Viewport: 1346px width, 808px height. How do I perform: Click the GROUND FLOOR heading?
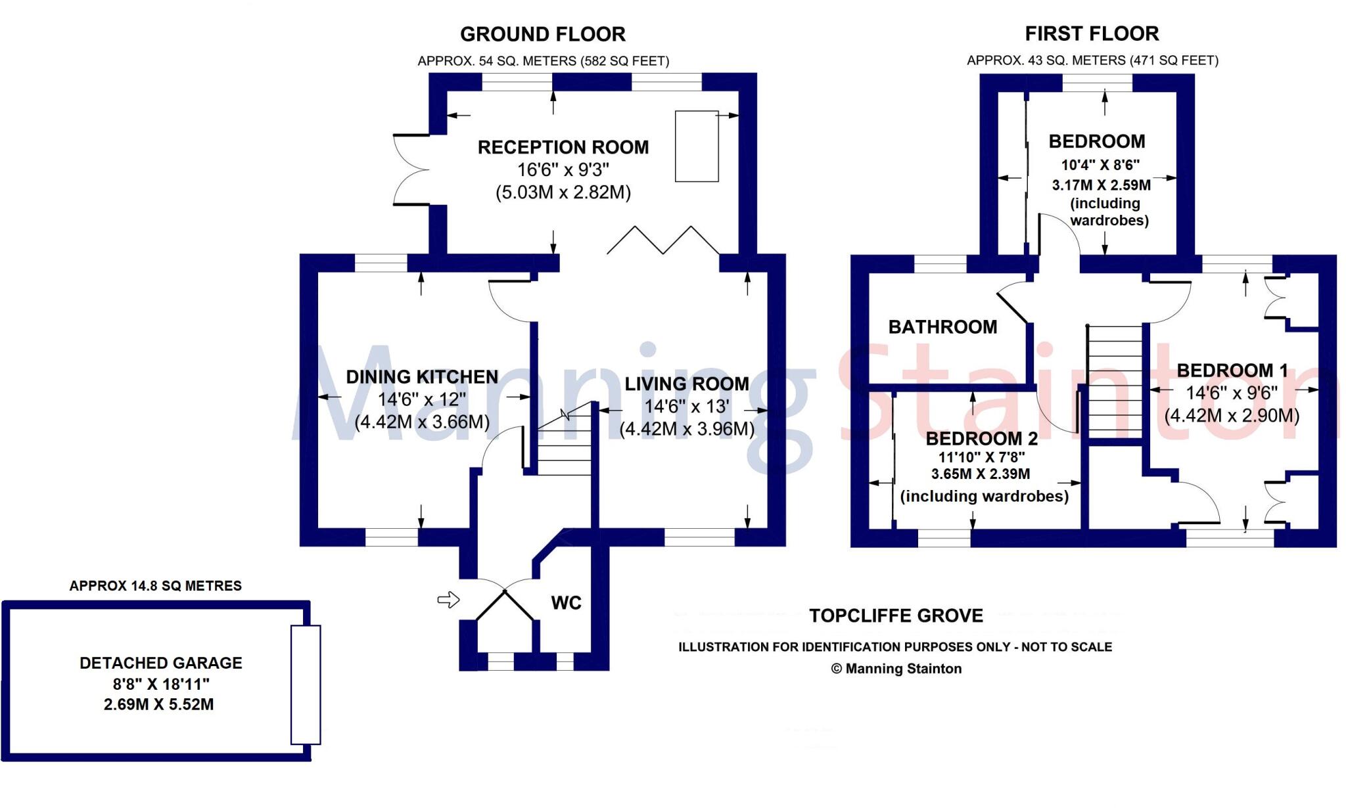(x=542, y=34)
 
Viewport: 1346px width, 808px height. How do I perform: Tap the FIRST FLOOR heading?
(x=1092, y=34)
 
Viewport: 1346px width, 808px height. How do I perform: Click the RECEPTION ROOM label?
(x=563, y=147)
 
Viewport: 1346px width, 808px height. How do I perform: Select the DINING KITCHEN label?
(x=422, y=377)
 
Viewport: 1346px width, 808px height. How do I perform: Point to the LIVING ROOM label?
(x=686, y=384)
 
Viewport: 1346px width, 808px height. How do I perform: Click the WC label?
(x=566, y=603)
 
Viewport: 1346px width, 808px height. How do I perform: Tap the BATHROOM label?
(x=942, y=327)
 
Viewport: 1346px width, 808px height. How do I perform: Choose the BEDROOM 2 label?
(x=981, y=438)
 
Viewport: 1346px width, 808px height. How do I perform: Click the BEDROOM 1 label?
(x=1232, y=370)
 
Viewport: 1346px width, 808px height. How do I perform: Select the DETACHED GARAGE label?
(x=161, y=663)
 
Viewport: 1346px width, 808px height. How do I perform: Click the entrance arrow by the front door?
(x=448, y=599)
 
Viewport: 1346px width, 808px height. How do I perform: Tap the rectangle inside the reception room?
(x=696, y=146)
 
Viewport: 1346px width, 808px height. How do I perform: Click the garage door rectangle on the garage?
(x=306, y=685)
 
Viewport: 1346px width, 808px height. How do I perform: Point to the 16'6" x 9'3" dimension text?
(x=563, y=170)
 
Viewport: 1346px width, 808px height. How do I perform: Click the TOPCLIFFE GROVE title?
(x=896, y=616)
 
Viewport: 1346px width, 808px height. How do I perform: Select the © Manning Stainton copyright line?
(x=896, y=669)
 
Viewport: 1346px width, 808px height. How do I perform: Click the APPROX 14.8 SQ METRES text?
(x=156, y=586)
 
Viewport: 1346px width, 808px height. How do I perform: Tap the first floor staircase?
(x=1115, y=381)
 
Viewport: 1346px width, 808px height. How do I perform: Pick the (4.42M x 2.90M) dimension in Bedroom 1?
(x=1232, y=416)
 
